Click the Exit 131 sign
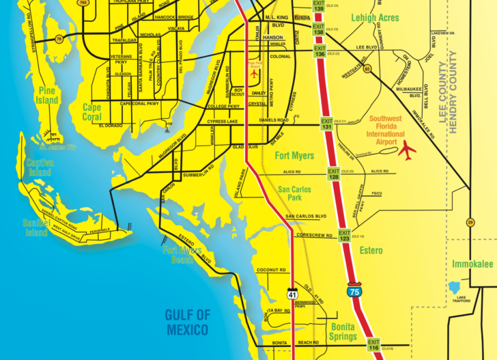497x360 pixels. [327, 125]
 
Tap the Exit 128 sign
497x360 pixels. [333, 174]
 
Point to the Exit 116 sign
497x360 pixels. [373, 344]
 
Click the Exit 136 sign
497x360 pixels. [319, 52]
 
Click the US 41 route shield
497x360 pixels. [291, 294]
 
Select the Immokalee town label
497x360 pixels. [472, 264]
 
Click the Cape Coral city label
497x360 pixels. [92, 112]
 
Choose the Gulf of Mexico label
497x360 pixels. [186, 322]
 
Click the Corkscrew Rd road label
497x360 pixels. [314, 235]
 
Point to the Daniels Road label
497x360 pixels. [274, 120]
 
